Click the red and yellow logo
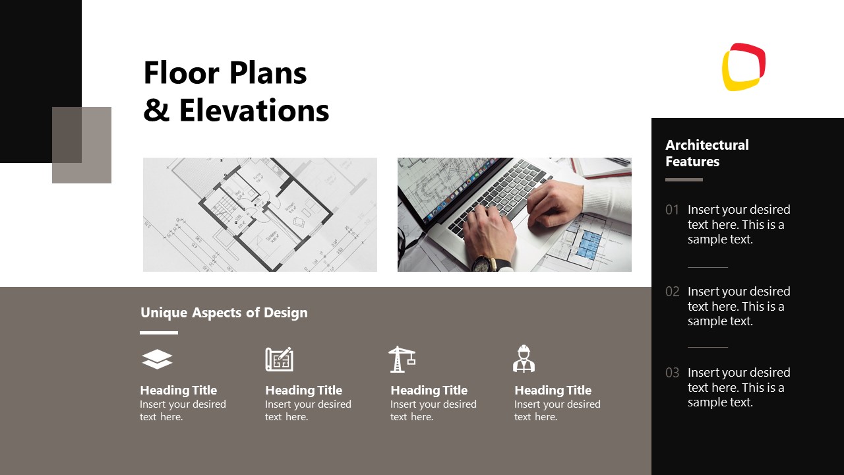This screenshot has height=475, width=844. point(744,67)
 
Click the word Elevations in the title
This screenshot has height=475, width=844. point(254,110)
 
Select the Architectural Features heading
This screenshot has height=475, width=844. point(707,153)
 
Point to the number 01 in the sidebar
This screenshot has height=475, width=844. point(672,210)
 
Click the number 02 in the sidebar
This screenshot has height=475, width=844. point(672,292)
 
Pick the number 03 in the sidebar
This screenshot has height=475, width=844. point(672,373)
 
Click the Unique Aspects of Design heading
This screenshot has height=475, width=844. point(224,313)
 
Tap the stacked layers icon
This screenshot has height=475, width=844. point(157,360)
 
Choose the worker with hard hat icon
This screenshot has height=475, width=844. point(524,359)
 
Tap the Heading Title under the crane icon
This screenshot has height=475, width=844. point(429,391)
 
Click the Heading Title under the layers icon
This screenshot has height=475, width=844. point(178,391)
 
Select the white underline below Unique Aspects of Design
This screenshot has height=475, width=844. point(159,332)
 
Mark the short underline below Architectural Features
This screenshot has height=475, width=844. point(684,179)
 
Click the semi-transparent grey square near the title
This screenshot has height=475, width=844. point(82,145)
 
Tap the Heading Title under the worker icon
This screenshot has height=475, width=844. point(553,391)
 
